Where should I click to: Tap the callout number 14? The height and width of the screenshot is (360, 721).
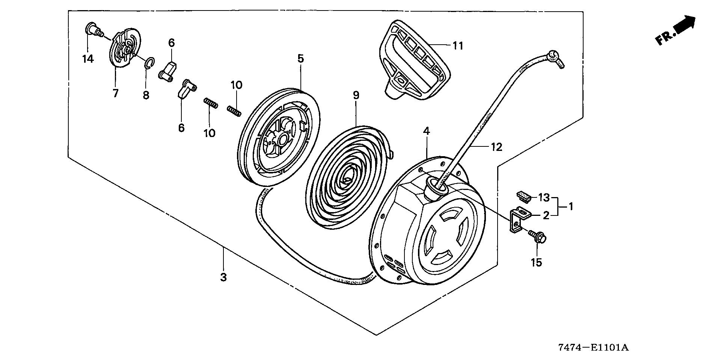click(x=88, y=59)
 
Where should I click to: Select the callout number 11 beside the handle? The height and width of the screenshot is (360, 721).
click(x=458, y=46)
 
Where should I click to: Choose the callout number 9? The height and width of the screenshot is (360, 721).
click(x=356, y=95)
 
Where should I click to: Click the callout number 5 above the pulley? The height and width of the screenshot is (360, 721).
click(x=300, y=59)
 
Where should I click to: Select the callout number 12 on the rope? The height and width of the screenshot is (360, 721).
click(x=496, y=147)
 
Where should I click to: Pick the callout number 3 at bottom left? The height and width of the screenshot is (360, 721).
click(x=223, y=277)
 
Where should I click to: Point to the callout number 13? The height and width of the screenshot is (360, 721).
click(x=544, y=197)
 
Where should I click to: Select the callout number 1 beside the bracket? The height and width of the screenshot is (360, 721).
click(x=570, y=206)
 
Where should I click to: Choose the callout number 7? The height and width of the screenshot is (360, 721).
click(x=116, y=93)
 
